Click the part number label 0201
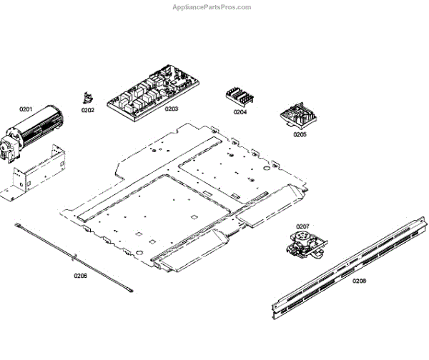[x=26, y=109]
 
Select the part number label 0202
[x=87, y=110]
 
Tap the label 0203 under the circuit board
[x=172, y=109]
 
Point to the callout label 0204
[x=240, y=112]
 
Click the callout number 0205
[x=300, y=134]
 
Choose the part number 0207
[x=302, y=226]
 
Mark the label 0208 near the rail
[x=359, y=281]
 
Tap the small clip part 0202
[x=88, y=98]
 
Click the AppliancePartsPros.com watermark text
[x=212, y=7]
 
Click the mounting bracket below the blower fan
[x=32, y=174]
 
